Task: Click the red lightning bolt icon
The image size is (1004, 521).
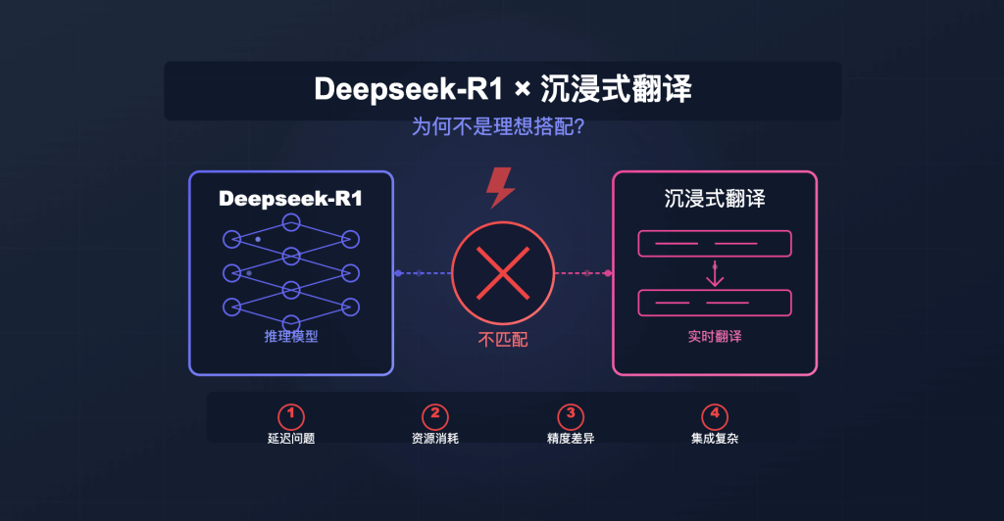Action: point(501,187)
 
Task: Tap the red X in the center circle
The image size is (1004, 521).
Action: point(503,273)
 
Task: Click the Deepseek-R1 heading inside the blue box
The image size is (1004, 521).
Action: point(290,198)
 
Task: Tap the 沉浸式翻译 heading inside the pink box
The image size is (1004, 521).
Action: point(714,198)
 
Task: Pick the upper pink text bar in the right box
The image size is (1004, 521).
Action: point(715,243)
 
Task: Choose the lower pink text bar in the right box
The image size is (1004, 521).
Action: point(715,303)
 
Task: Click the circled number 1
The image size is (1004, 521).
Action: point(291,415)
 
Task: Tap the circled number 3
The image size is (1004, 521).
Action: point(570,415)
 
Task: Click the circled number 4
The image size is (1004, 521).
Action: point(715,415)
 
